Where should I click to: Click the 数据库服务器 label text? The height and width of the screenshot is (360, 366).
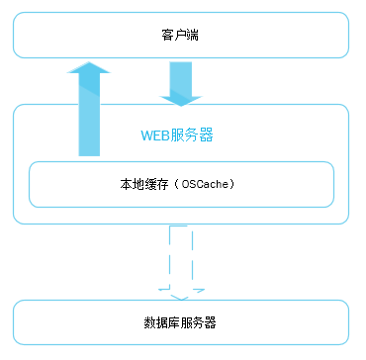pyautogui.click(x=180, y=323)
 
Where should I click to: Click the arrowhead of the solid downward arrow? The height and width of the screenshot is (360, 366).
pyautogui.click(x=180, y=100)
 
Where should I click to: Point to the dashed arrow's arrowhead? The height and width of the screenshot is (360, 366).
pyautogui.click(x=180, y=295)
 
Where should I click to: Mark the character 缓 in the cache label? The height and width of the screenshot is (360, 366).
pyautogui.click(x=144, y=184)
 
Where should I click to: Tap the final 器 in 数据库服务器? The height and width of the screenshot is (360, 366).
pyautogui.click(x=211, y=323)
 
